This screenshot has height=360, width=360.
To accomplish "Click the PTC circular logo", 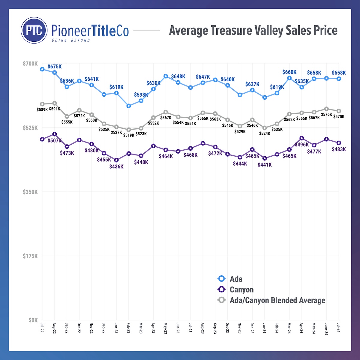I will (x=34, y=30).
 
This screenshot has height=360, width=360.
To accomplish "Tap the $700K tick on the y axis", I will (x=30, y=64).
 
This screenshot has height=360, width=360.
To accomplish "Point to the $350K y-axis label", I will (x=30, y=192).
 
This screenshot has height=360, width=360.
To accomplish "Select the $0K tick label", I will (x=33, y=320).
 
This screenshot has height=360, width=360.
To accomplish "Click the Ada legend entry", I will (x=236, y=279).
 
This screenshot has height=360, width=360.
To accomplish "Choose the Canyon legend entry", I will (x=241, y=290).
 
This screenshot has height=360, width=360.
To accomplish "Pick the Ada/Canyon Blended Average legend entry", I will (x=277, y=300).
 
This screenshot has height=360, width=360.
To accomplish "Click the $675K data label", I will (x=55, y=67).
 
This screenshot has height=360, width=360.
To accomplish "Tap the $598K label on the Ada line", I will (x=141, y=95).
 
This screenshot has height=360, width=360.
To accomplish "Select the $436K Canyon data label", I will (x=116, y=166).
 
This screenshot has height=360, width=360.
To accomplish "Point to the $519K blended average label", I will (x=129, y=135).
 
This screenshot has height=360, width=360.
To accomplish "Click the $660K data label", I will (x=289, y=72).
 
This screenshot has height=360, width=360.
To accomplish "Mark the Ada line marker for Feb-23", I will (x=129, y=106).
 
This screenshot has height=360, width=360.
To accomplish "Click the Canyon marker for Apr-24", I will (x=302, y=138).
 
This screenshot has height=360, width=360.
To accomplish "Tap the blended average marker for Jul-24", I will (x=339, y=111).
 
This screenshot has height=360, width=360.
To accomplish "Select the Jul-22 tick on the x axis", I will (x=42, y=327).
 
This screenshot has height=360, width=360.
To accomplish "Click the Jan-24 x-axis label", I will (x=264, y=327).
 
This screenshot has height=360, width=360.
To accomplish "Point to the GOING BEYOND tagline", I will (x=71, y=40).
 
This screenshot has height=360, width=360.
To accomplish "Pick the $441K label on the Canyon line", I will (x=265, y=165).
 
